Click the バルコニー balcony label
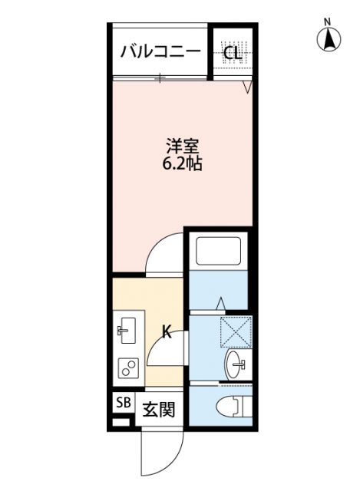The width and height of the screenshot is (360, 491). [160, 52]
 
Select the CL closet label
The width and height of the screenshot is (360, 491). [231, 53]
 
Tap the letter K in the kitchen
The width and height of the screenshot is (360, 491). [166, 331]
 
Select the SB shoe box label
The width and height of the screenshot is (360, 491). [123, 403]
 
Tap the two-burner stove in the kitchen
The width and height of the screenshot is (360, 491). [127, 369]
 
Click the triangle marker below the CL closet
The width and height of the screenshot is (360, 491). [247, 87]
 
